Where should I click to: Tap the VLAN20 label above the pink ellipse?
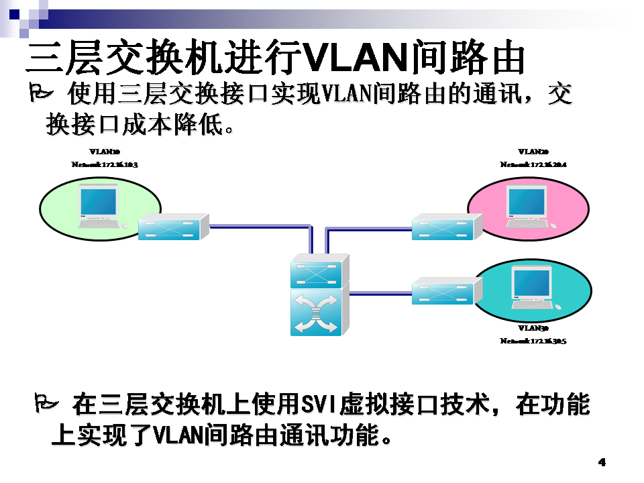pos(533,152)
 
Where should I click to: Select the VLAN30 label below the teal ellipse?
pos(533,329)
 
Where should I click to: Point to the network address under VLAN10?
pos(105,164)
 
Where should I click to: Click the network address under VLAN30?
pos(533,341)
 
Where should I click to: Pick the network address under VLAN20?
pos(533,164)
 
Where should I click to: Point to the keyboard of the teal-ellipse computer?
pos(532,305)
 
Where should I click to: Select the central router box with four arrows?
pos(316,313)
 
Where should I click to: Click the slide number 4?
pos(602,462)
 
